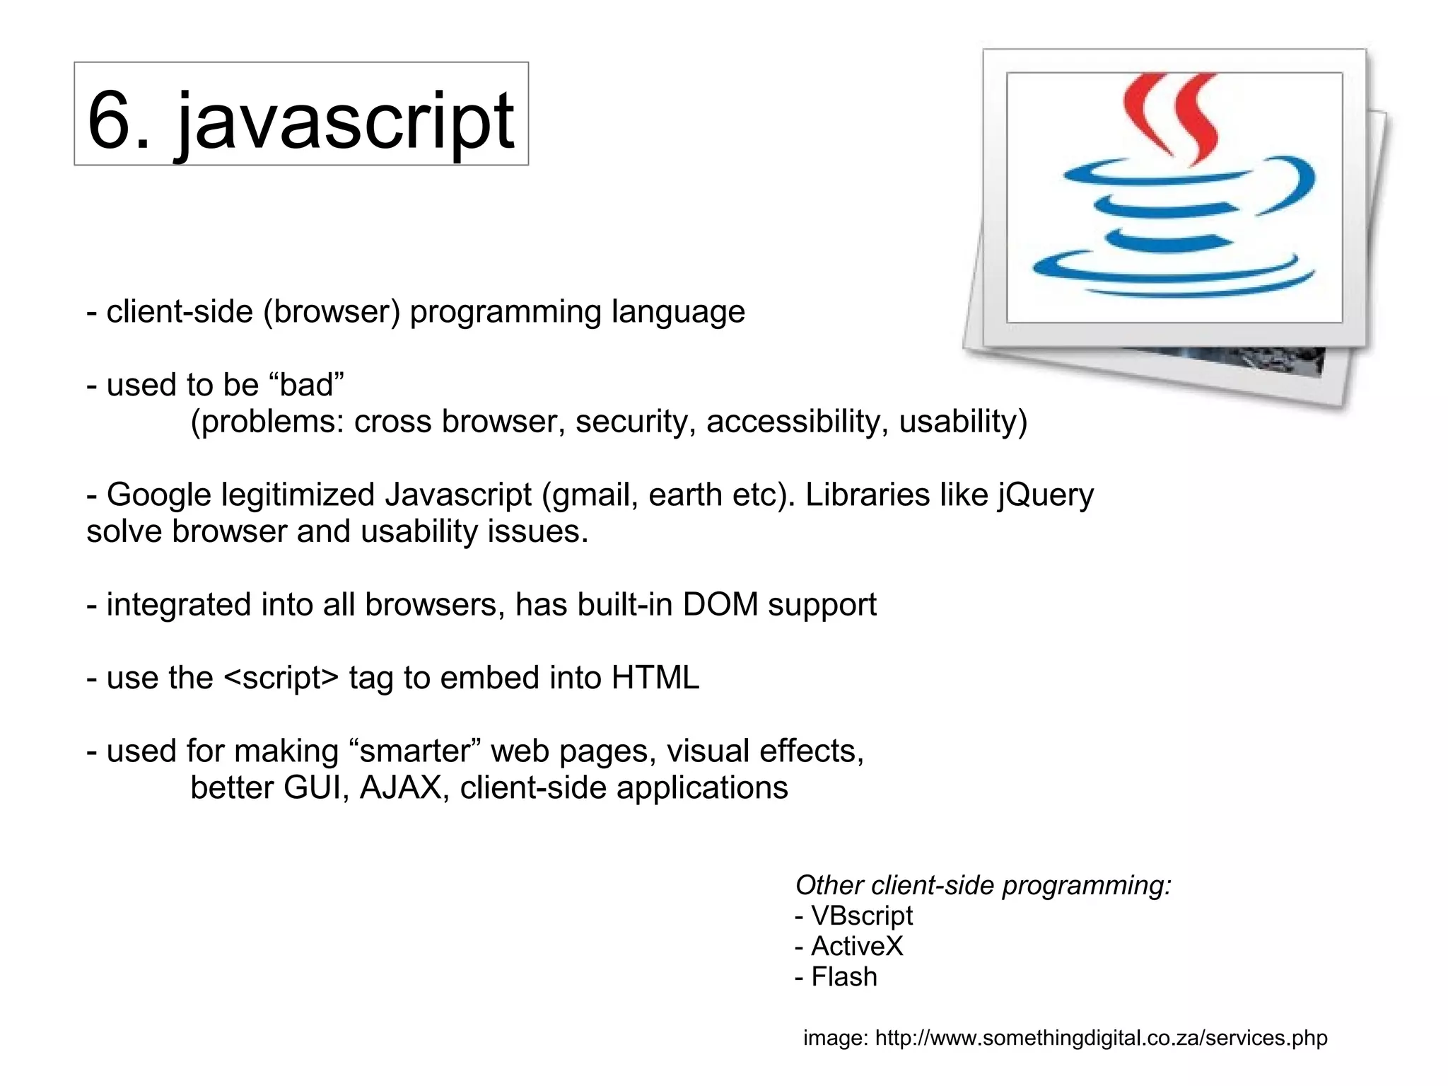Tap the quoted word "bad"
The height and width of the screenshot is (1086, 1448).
click(307, 386)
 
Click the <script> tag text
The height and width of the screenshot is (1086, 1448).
click(281, 678)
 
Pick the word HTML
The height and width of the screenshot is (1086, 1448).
click(655, 678)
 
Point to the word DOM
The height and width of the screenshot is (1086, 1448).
click(720, 605)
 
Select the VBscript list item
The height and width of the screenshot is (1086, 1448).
click(861, 915)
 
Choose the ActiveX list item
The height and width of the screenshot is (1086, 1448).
click(856, 946)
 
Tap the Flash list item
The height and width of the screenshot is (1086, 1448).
click(843, 977)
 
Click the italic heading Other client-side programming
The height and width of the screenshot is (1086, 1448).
click(983, 885)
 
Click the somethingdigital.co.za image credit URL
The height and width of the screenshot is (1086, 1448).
click(1101, 1038)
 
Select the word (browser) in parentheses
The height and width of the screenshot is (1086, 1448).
click(332, 312)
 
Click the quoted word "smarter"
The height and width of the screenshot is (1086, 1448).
click(415, 751)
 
